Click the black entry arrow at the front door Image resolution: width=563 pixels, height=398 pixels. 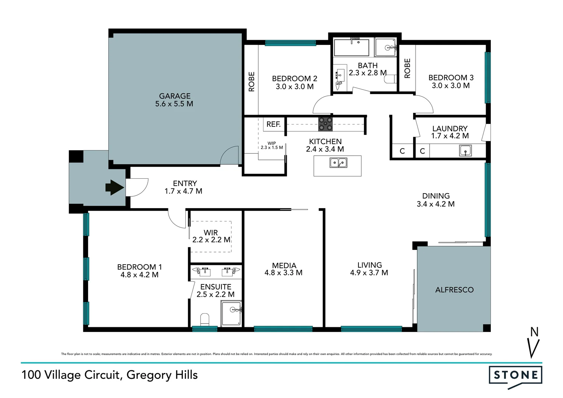pos(115,188)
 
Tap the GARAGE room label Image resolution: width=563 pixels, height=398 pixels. pos(175,96)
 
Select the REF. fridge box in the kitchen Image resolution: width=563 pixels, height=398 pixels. pos(274,125)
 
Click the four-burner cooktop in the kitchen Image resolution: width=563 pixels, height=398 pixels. pos(325,124)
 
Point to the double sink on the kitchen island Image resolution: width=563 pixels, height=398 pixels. pos(338,163)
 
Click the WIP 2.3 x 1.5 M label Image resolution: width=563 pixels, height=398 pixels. pos(272,146)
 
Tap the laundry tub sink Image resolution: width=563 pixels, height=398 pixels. pos(465,151)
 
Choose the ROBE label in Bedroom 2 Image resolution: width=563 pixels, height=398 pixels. pos(252,81)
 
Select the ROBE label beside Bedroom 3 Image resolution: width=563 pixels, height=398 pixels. pos(407,69)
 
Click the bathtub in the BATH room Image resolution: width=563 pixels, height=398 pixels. pos(351,48)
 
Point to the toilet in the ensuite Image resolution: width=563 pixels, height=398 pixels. pos(205,319)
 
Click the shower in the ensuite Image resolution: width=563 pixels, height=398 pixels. pos(231,314)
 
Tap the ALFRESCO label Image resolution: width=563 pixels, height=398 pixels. pos(454,290)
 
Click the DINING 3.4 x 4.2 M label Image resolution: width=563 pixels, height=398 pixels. pos(436,200)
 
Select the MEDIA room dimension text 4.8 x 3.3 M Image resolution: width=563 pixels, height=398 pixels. pos(283,273)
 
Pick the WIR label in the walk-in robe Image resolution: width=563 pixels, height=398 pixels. pos(211,233)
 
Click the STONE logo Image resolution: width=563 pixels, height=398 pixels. pos(515,376)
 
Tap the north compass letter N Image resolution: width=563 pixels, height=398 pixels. pos(534,332)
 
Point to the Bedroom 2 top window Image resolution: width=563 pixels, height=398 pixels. pos(290,43)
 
